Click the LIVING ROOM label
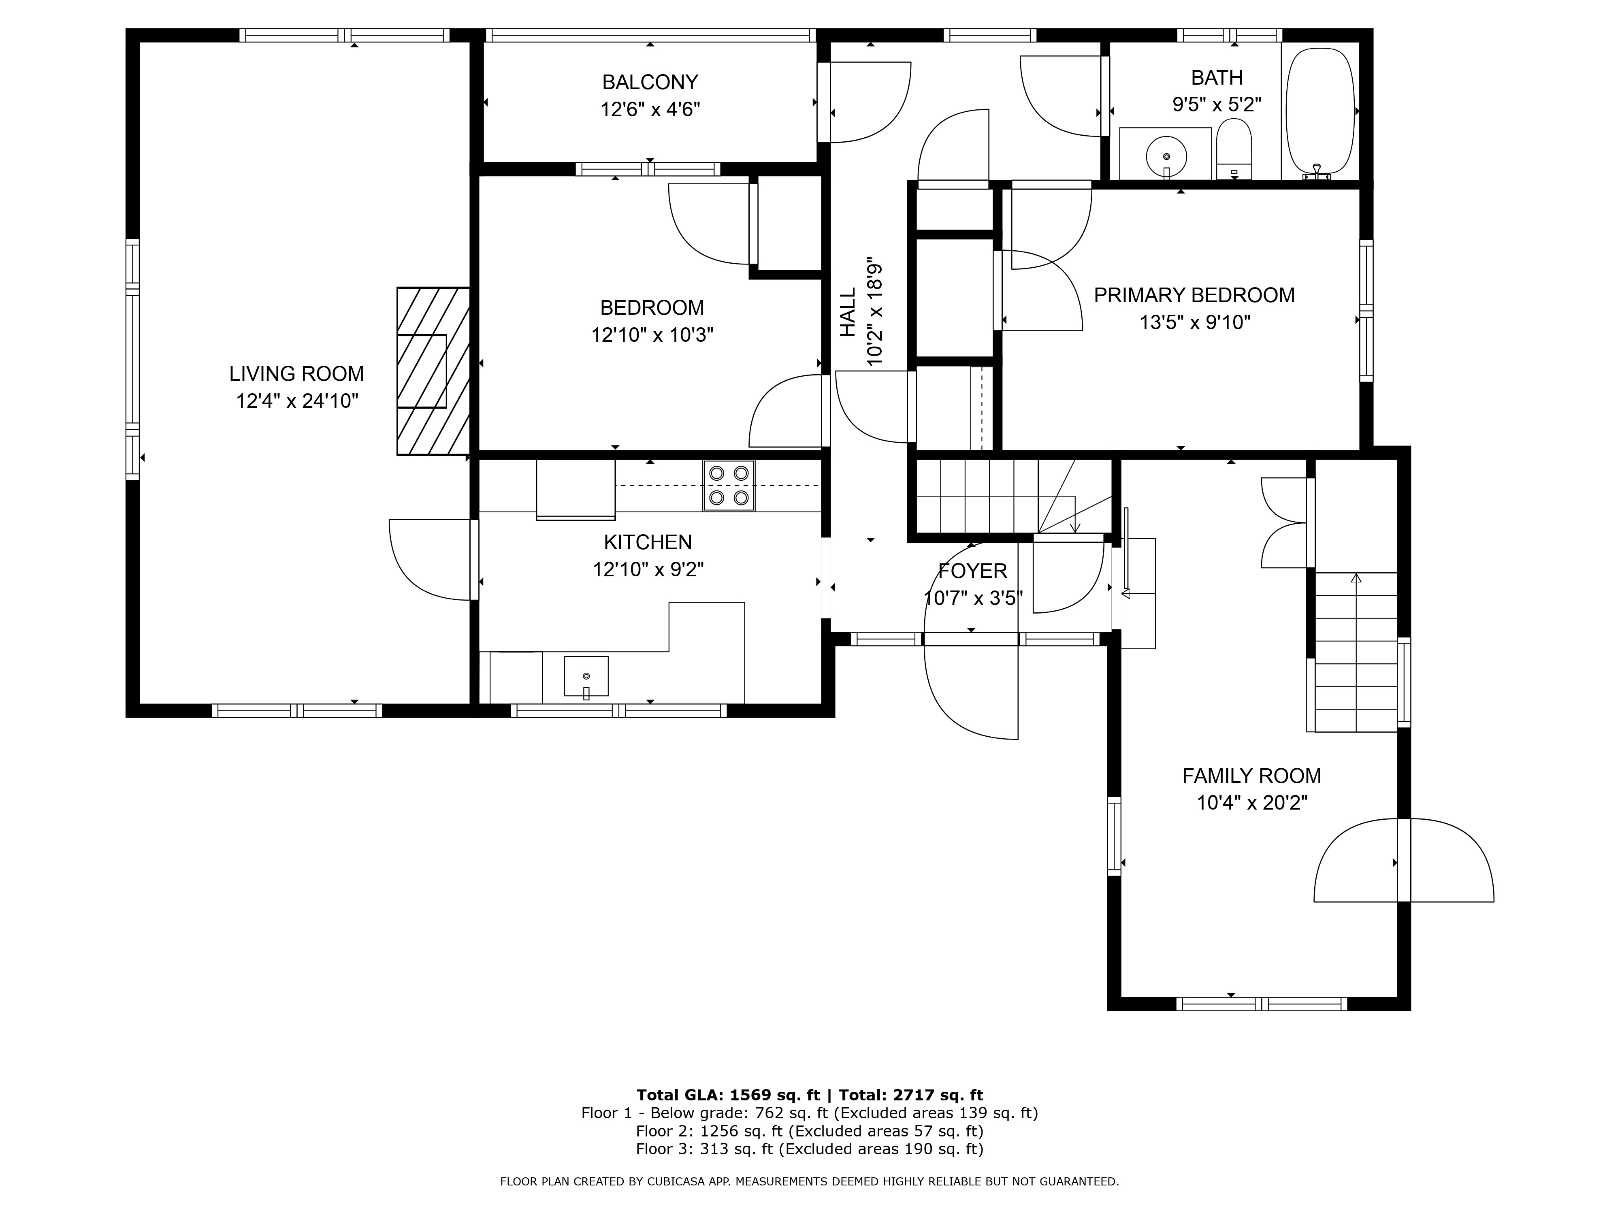tap(296, 373)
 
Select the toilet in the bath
tap(1234, 149)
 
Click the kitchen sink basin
tap(586, 676)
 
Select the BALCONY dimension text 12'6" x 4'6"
tap(650, 110)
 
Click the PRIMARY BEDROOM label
tap(1194, 295)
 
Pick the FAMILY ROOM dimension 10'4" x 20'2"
tap(1251, 803)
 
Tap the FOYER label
tap(972, 571)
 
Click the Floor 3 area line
tap(809, 1149)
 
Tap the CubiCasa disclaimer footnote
tap(809, 1181)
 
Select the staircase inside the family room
tap(1356, 652)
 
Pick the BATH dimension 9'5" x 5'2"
tap(1217, 105)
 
